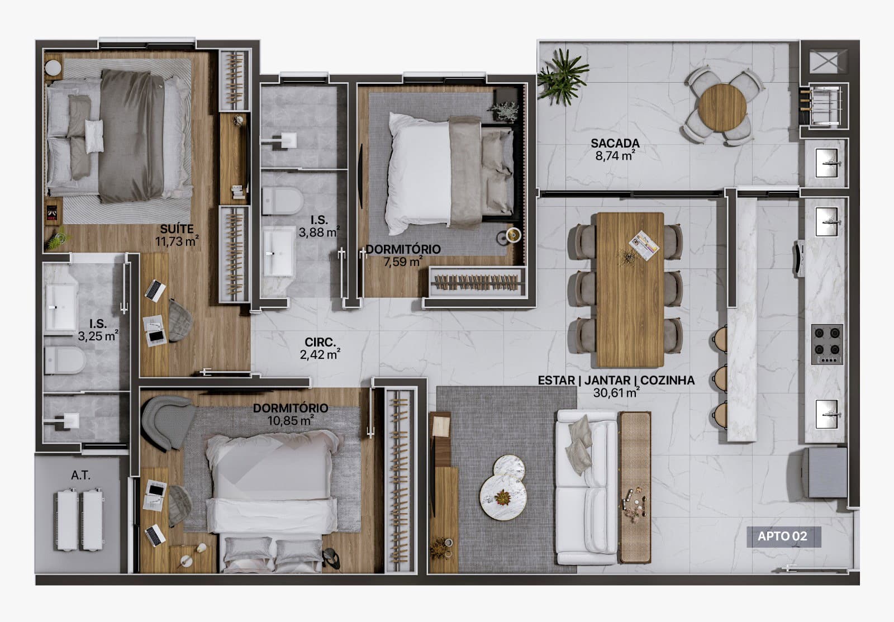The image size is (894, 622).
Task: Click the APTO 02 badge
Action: point(784,536)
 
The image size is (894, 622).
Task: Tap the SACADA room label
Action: point(615,143)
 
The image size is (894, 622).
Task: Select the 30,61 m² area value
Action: point(616,393)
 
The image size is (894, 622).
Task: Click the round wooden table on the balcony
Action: point(722,107)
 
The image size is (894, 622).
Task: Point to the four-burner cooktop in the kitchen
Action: point(827,344)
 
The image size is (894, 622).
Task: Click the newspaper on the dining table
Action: point(644,245)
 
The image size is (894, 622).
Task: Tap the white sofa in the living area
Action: point(587,487)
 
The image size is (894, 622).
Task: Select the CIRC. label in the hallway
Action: point(320,342)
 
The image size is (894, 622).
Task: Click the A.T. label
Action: point(80,475)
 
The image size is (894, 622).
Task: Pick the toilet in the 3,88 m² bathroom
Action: point(282,201)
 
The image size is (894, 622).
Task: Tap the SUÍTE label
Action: point(177,229)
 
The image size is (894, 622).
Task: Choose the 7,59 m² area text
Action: point(403,262)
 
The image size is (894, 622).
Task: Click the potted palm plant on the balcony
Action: point(562,77)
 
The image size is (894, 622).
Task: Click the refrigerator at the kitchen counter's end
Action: point(824,472)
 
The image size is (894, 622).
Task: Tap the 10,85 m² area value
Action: point(290,421)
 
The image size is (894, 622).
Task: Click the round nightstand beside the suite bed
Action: point(53,67)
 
